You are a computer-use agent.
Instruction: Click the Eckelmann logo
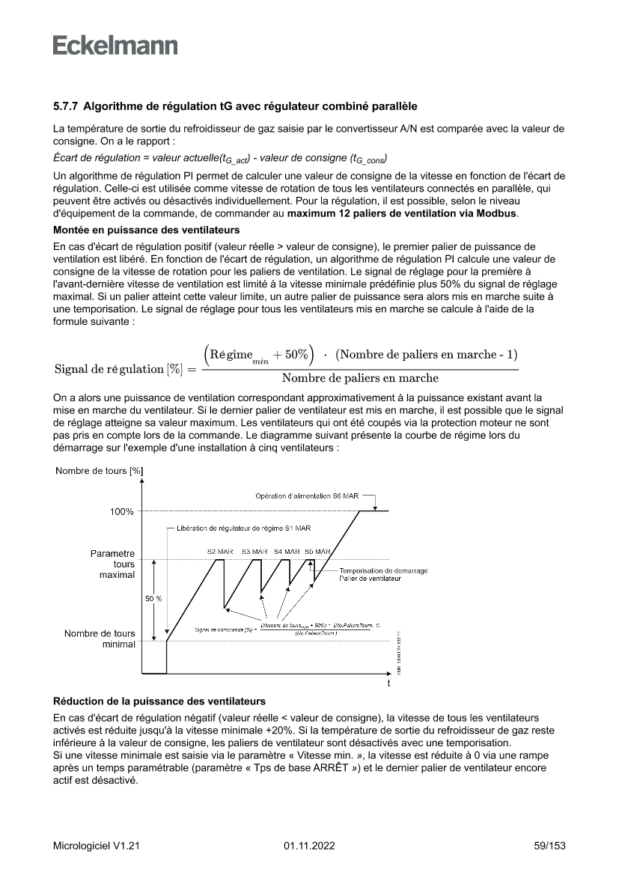115,46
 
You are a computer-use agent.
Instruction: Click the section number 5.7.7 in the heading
66,106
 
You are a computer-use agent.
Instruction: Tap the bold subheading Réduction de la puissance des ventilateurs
159,701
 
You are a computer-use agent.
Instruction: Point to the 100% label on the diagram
122,511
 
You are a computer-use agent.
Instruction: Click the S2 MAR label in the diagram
220,551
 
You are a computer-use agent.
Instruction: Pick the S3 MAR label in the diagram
254,551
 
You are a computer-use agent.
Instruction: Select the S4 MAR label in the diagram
287,551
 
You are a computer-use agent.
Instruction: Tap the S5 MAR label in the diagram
318,551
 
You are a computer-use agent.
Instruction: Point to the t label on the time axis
388,684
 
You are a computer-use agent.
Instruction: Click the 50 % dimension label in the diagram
153,600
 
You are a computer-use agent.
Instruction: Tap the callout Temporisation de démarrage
383,570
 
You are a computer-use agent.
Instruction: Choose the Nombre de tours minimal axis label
100,638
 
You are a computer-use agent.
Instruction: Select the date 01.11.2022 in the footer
309,846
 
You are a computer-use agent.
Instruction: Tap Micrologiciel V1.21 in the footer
97,846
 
